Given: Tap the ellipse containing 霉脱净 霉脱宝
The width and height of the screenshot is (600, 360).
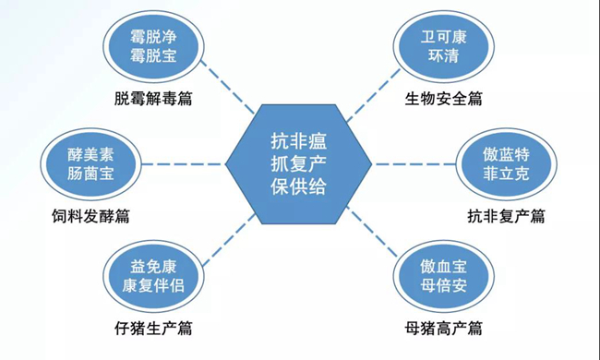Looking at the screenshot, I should [x=152, y=47].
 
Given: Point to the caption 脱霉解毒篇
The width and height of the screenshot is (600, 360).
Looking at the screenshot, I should [x=153, y=98].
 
